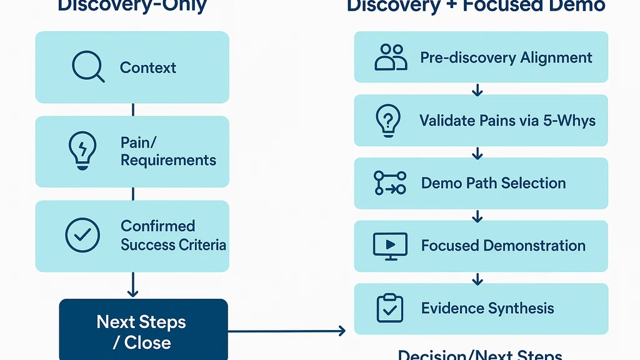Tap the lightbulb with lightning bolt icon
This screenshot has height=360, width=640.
82,151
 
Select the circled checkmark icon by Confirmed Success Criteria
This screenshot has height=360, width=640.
82,235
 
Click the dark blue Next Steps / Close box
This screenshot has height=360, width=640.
143,331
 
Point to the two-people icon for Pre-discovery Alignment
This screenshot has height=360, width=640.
391,57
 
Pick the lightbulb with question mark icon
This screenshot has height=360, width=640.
387,120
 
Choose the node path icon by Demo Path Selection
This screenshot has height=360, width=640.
390,182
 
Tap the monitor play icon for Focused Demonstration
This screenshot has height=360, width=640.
390,246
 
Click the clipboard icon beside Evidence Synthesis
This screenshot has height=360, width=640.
390,308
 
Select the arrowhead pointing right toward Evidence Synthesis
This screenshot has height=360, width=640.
341,331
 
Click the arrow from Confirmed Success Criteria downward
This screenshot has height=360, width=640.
132,285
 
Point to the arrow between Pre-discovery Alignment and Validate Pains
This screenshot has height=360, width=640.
477,89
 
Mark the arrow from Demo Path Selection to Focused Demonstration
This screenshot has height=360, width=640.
477,216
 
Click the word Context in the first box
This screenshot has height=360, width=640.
148,67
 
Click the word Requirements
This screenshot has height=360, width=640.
168,160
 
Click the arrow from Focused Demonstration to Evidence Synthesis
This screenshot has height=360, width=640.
477,278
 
